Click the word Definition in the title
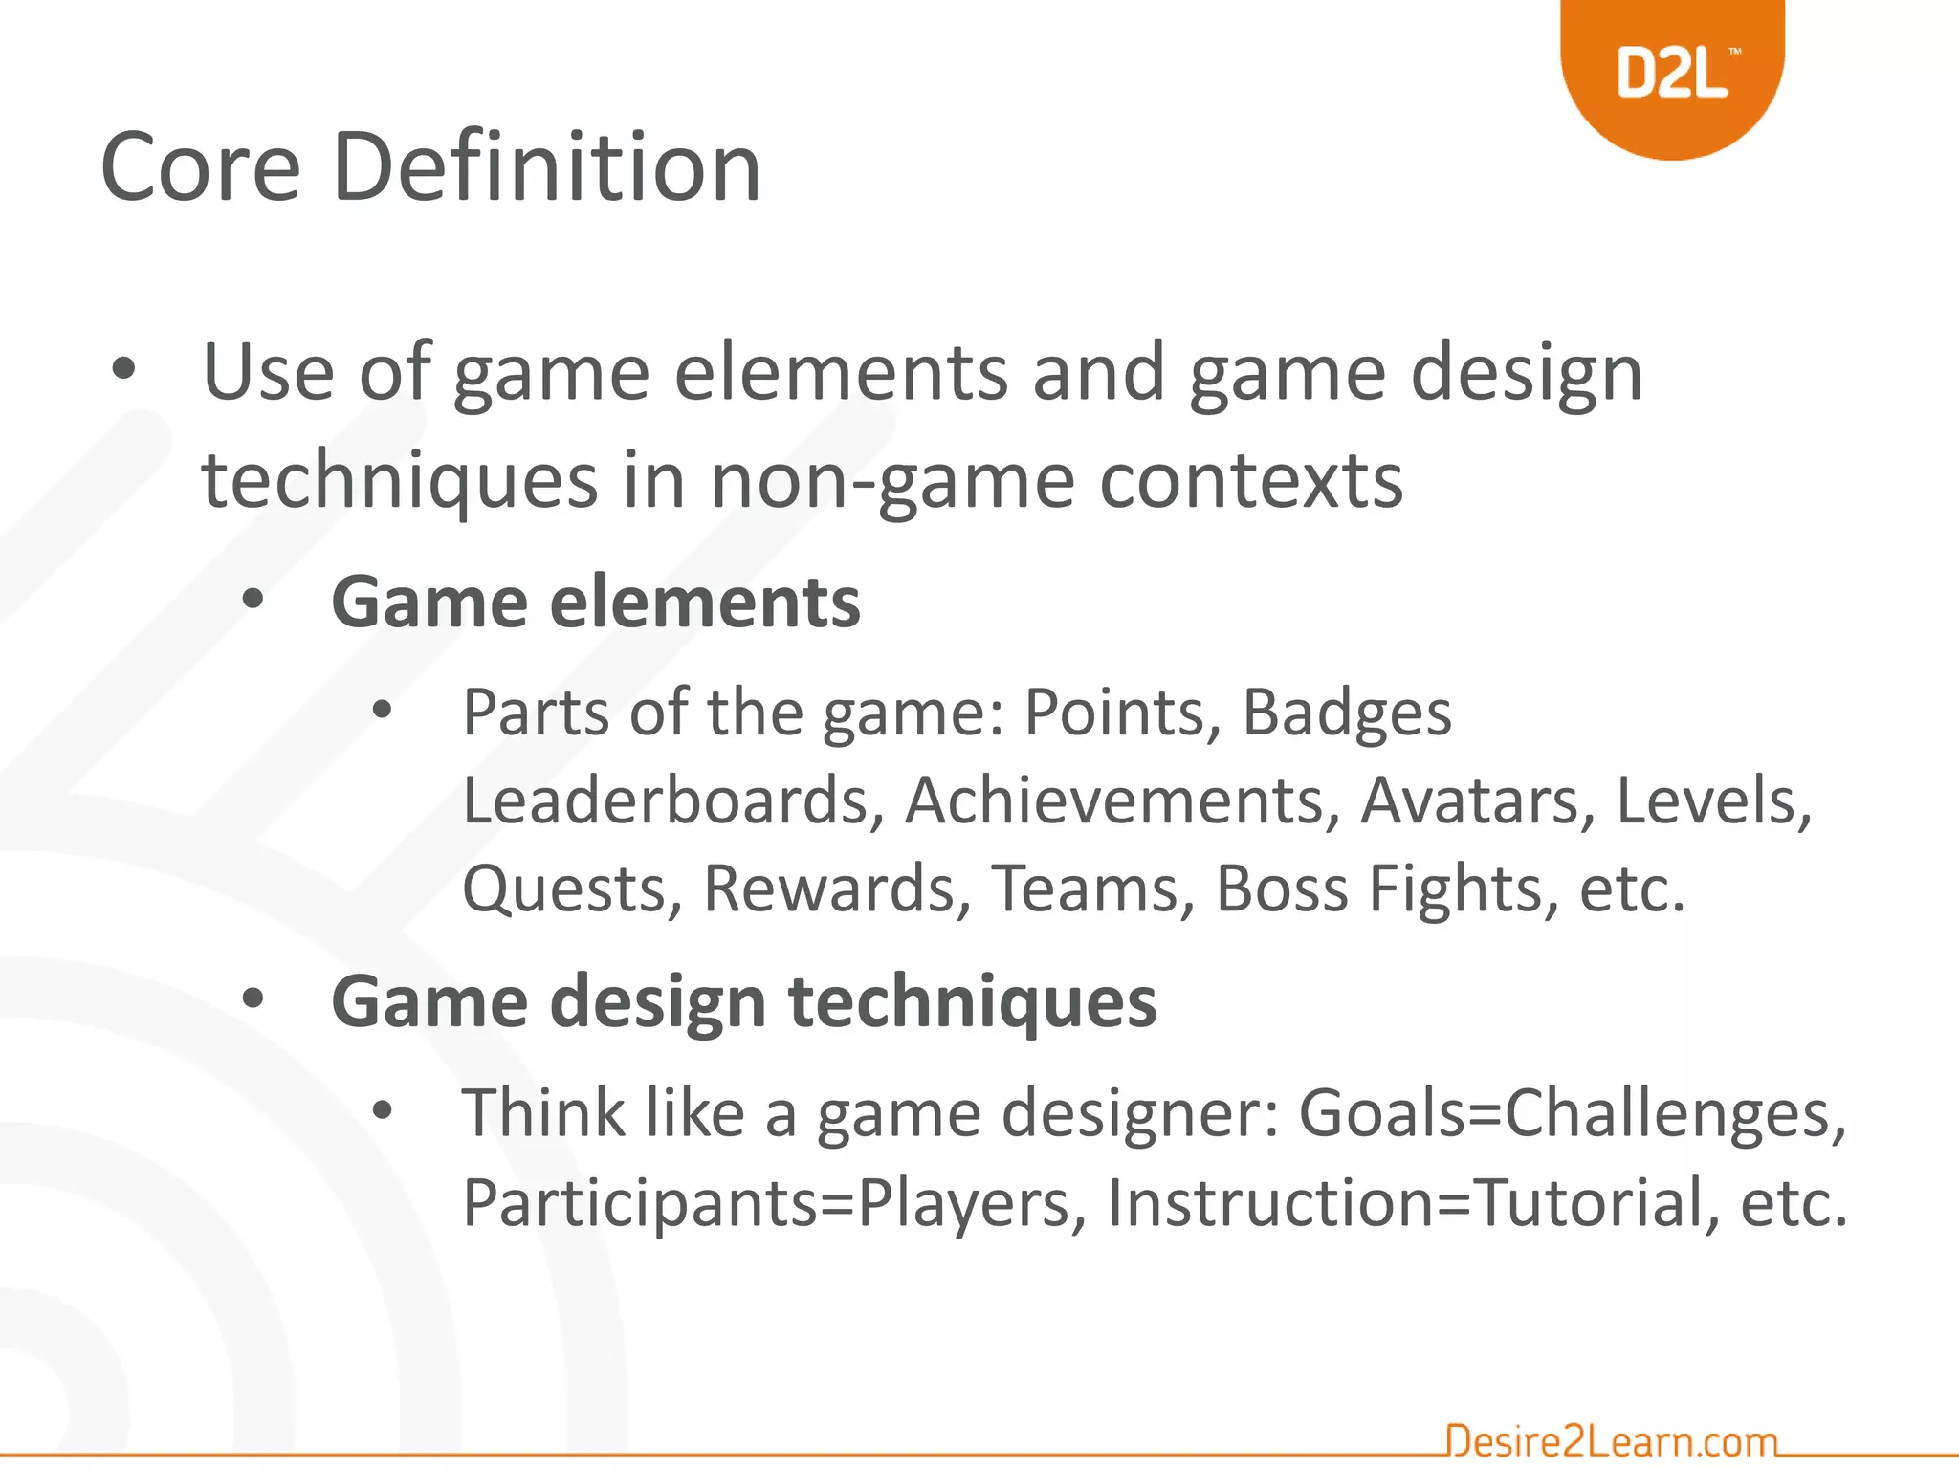click(546, 168)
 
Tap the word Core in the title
click(201, 168)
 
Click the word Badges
click(1346, 714)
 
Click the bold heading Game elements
click(595, 603)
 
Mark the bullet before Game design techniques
click(253, 999)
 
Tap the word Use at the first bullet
click(268, 373)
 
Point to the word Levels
click(1712, 800)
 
